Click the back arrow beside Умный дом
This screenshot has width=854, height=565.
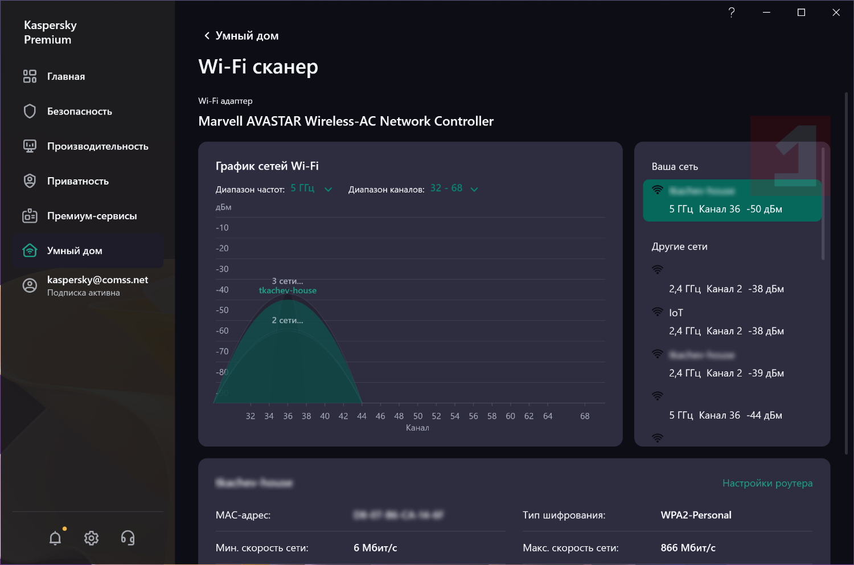click(207, 36)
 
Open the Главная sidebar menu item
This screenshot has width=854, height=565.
click(65, 76)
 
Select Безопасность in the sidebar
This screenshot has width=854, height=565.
click(79, 111)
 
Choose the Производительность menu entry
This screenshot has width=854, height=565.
click(97, 146)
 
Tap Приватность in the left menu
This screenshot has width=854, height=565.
click(77, 181)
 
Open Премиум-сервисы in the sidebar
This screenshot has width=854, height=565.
click(92, 216)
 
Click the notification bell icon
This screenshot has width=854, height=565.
click(55, 538)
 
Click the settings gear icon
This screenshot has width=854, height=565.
click(91, 538)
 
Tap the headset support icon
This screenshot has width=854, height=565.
click(128, 538)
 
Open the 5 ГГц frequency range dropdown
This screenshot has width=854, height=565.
click(311, 189)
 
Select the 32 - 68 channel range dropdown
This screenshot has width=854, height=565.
click(454, 189)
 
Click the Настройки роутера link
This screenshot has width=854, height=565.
click(767, 483)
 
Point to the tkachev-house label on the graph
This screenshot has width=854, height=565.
click(288, 290)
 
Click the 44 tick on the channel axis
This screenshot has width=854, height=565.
click(362, 416)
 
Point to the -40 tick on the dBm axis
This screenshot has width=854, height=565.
click(222, 290)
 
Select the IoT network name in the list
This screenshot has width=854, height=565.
click(676, 313)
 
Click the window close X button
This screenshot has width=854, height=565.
click(836, 13)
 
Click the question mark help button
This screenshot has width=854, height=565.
click(732, 13)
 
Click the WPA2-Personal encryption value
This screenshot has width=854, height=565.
click(696, 515)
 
